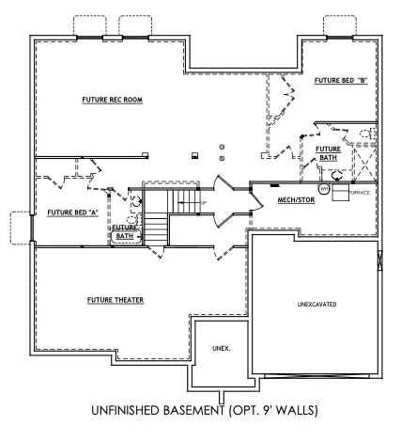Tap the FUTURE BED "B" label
click(339, 81)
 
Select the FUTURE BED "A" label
click(73, 212)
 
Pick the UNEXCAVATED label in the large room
click(316, 304)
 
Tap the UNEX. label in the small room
click(222, 348)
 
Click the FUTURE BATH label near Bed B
click(327, 153)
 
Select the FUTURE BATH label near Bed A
click(124, 230)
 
